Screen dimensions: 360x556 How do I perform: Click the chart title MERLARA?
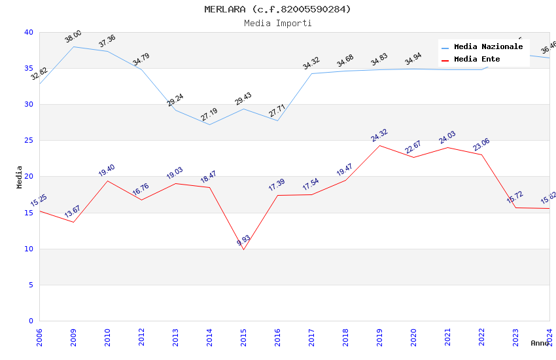tap(277, 9)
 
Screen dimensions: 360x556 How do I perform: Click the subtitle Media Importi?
tap(277, 23)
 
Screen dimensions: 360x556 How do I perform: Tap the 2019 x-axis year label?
tap(379, 338)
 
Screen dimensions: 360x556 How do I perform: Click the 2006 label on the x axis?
tap(39, 338)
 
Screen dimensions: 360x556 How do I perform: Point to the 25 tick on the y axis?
tap(29, 141)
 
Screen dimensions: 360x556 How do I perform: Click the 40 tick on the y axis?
tap(29, 32)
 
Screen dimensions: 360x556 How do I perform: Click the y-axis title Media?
tap(20, 177)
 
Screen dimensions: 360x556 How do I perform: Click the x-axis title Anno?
tap(540, 343)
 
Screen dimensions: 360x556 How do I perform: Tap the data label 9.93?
tap(243, 240)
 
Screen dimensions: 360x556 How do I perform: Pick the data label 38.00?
tap(73, 37)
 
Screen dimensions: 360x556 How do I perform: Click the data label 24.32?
tap(379, 135)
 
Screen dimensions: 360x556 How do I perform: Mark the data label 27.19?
tap(209, 115)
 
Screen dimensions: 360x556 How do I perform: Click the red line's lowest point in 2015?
tap(243, 249)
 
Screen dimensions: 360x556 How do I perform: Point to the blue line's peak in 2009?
tap(73, 46)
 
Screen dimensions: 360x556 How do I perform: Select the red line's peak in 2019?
tap(379, 145)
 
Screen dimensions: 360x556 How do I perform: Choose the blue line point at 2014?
tap(209, 124)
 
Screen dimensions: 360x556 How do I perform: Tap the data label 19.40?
tap(107, 171)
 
